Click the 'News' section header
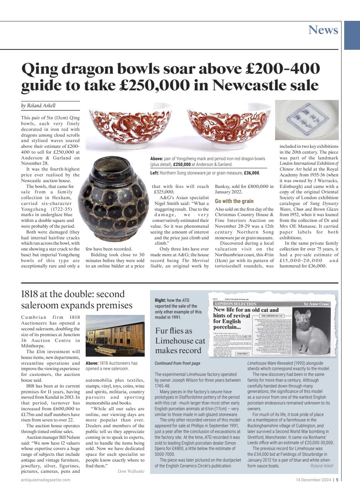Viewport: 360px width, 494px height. pos(323,30)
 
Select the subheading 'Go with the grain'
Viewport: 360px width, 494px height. pos(234,201)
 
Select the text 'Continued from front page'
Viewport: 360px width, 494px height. pos(177,363)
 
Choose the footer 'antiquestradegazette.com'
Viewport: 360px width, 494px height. pos(46,480)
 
